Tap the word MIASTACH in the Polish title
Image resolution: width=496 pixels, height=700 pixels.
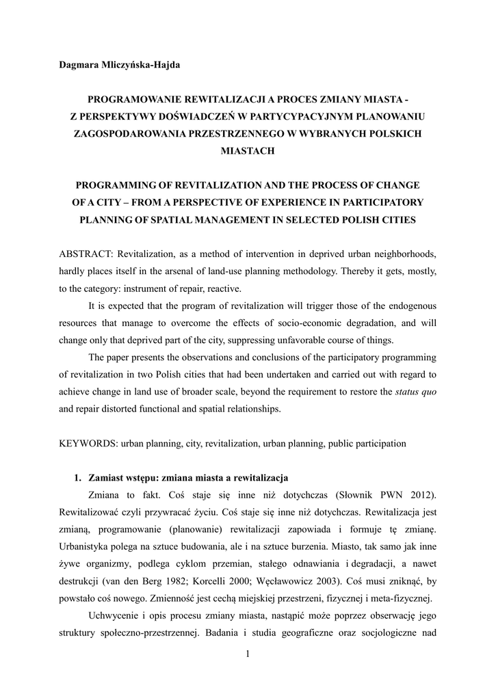point(248,151)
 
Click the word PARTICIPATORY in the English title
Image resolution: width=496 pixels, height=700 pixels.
point(384,202)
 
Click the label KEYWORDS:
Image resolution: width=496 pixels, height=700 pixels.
point(88,444)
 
